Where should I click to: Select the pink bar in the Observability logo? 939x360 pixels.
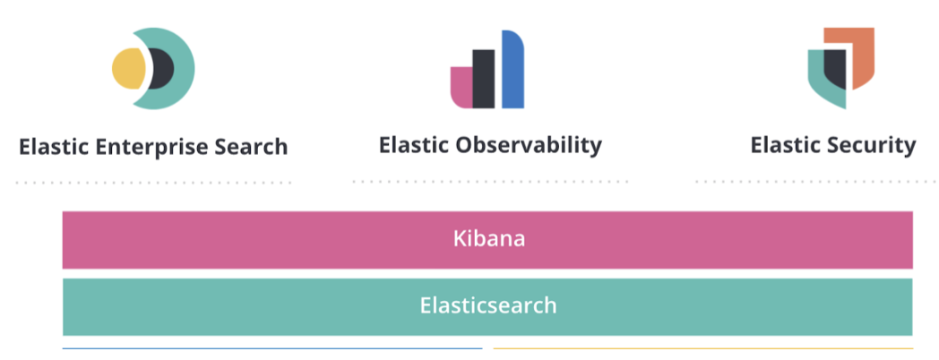coord(461,88)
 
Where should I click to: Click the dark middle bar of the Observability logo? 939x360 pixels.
coord(484,79)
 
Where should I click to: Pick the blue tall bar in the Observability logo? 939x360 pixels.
coord(513,70)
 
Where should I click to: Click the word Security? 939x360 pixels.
coord(873,145)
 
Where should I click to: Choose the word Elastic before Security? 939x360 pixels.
coord(786,145)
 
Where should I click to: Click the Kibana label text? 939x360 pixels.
coord(488,239)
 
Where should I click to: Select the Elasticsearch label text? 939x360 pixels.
coord(488,305)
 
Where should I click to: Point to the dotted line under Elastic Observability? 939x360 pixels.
coord(490,181)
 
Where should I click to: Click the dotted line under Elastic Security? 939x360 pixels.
coord(816,182)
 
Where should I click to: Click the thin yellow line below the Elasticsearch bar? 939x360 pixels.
coord(702,348)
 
